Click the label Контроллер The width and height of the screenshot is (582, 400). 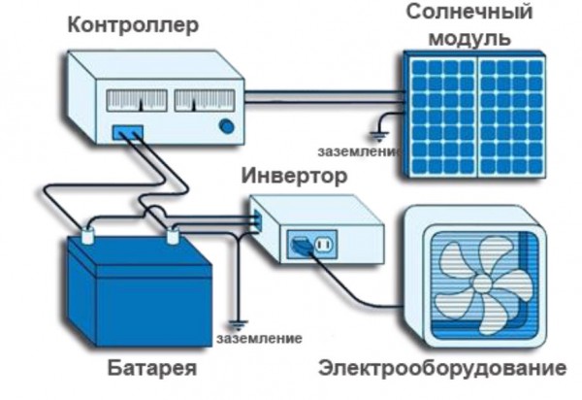133,26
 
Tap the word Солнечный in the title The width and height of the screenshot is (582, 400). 469,13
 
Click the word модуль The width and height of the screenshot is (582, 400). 469,38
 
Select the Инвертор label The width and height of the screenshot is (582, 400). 294,177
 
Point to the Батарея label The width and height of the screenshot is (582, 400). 152,368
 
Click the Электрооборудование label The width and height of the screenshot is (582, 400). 442,368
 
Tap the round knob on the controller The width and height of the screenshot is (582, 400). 227,126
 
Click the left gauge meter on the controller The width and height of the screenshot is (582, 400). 137,100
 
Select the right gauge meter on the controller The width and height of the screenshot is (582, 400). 205,100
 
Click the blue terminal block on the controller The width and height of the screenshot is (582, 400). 128,132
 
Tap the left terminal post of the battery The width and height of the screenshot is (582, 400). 88,236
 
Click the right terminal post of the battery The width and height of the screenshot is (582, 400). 173,236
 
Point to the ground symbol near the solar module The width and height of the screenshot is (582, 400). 379,137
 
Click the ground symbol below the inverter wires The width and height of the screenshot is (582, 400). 238,325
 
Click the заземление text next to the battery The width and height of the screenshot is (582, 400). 259,339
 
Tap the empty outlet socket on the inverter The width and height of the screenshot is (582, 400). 324,245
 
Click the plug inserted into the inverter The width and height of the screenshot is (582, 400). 301,245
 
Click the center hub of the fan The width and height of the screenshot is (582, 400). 482,284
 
